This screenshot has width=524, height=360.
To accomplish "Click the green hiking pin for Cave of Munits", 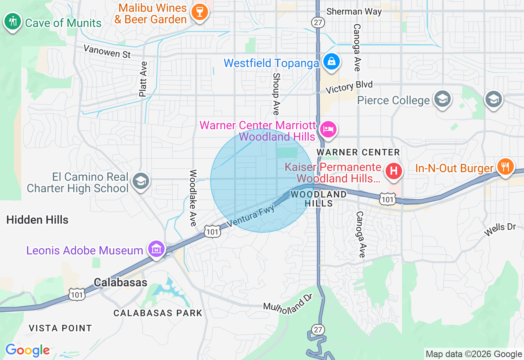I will click(13, 21).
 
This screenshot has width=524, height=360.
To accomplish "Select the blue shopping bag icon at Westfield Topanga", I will click(331, 62).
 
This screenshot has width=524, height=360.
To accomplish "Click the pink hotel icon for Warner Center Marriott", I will click(328, 129).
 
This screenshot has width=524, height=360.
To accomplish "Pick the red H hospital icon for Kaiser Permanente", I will click(393, 170).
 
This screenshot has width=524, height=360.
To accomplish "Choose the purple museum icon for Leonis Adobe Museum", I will click(156, 248).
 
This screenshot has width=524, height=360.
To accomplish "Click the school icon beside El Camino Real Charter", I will click(141, 181).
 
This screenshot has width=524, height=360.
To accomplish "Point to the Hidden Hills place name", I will click(37, 220).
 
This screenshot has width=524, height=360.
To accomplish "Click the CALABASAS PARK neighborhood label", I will click(158, 313).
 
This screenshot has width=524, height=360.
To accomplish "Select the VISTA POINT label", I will click(60, 328).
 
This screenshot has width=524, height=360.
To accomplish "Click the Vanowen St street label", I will click(107, 51).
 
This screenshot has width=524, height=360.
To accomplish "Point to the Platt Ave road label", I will click(143, 79).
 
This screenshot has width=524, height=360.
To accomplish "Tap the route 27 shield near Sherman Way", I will click(318, 22).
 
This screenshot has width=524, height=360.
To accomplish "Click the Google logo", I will click(27, 350).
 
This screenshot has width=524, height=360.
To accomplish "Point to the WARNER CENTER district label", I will click(358, 153).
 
